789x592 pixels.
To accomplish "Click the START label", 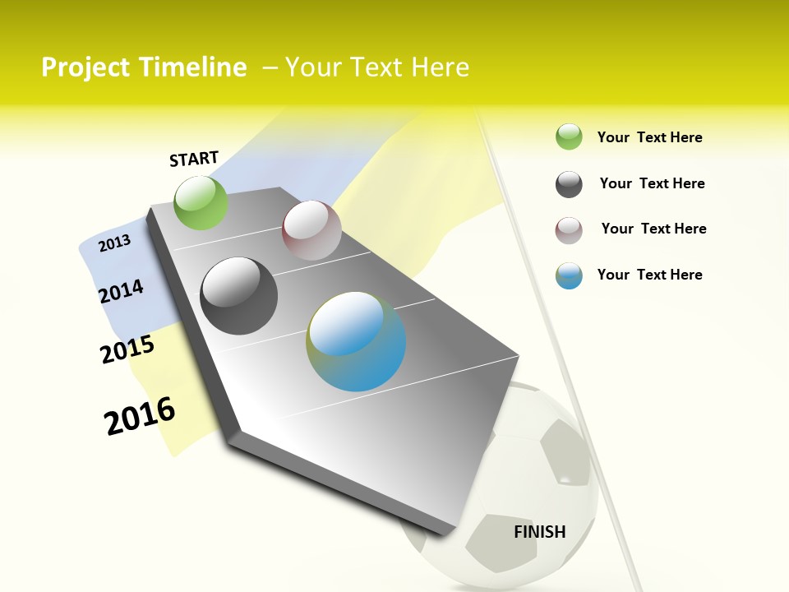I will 194,159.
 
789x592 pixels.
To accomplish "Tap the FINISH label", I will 540,532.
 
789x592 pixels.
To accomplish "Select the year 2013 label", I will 115,243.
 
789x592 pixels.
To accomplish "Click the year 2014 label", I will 121,291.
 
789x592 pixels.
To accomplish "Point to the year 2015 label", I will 127,349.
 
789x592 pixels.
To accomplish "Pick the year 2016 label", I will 140,415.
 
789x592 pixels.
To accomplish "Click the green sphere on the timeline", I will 201,202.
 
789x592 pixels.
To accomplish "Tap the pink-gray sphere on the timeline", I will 311,230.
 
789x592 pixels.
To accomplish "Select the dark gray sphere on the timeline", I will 239,296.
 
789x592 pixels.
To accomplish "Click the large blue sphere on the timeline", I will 356,341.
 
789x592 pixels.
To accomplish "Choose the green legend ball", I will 569,137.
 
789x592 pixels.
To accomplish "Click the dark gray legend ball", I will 569,184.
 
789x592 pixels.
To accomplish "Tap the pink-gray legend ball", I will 569,230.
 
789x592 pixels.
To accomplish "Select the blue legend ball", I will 569,275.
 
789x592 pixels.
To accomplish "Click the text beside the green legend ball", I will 650,138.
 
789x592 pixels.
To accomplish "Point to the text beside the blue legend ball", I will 650,275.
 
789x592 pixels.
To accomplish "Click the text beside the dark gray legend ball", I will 653,183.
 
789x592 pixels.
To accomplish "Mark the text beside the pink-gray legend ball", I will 654,229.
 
